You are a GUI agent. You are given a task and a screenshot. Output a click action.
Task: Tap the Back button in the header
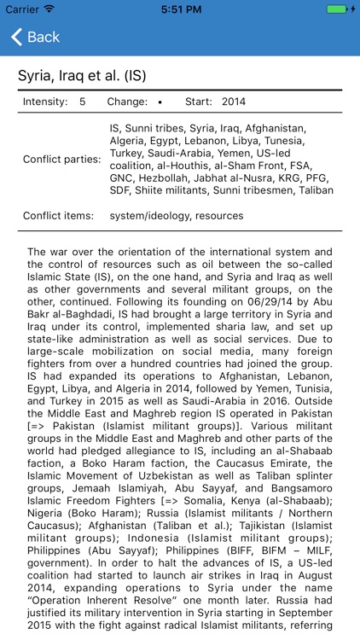35,37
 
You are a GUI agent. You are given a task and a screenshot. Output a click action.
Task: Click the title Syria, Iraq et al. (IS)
82,76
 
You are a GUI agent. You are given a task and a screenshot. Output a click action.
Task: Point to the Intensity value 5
83,102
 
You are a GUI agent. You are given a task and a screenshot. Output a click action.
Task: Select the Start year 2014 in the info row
232,102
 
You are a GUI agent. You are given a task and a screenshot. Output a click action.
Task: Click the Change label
127,102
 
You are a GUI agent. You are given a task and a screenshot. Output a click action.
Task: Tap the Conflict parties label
61,159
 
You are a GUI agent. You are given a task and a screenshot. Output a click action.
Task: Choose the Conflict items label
59,216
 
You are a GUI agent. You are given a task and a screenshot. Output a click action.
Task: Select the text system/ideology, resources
177,216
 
